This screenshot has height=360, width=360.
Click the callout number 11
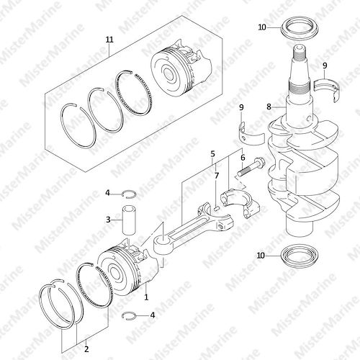(109, 40)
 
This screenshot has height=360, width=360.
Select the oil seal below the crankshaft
(300, 256)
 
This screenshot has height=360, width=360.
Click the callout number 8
(269, 107)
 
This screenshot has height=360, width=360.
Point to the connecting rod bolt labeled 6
(251, 167)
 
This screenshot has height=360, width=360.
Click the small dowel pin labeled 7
(216, 208)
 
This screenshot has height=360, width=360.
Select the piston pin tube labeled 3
(129, 220)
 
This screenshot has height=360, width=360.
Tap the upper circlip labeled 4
(129, 194)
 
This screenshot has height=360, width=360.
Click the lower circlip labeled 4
(129, 315)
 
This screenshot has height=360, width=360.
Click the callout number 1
(146, 297)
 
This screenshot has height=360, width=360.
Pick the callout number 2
(86, 349)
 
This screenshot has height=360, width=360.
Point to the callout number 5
(213, 154)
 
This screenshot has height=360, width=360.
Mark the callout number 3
(108, 220)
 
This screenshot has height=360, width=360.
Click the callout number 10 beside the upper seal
(262, 27)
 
